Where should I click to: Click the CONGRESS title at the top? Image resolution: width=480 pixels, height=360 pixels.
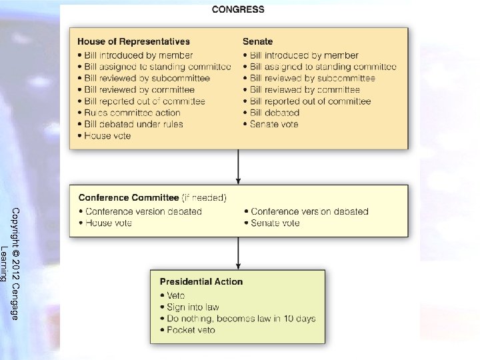[x=238, y=9]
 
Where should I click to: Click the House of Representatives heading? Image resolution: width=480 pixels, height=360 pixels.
[x=133, y=42]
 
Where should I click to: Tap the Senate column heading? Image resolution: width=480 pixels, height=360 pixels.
[x=257, y=42]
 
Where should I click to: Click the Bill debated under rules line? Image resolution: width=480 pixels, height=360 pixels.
[x=133, y=124]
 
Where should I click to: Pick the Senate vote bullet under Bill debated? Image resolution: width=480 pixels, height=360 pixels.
[x=274, y=124]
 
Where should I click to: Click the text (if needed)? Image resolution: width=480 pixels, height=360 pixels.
[x=204, y=198]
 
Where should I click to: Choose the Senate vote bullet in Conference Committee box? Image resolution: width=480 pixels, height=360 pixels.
[x=275, y=223]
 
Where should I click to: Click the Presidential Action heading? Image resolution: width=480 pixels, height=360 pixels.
[x=201, y=281]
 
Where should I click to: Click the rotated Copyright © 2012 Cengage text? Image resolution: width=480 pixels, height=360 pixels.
[x=15, y=263]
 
